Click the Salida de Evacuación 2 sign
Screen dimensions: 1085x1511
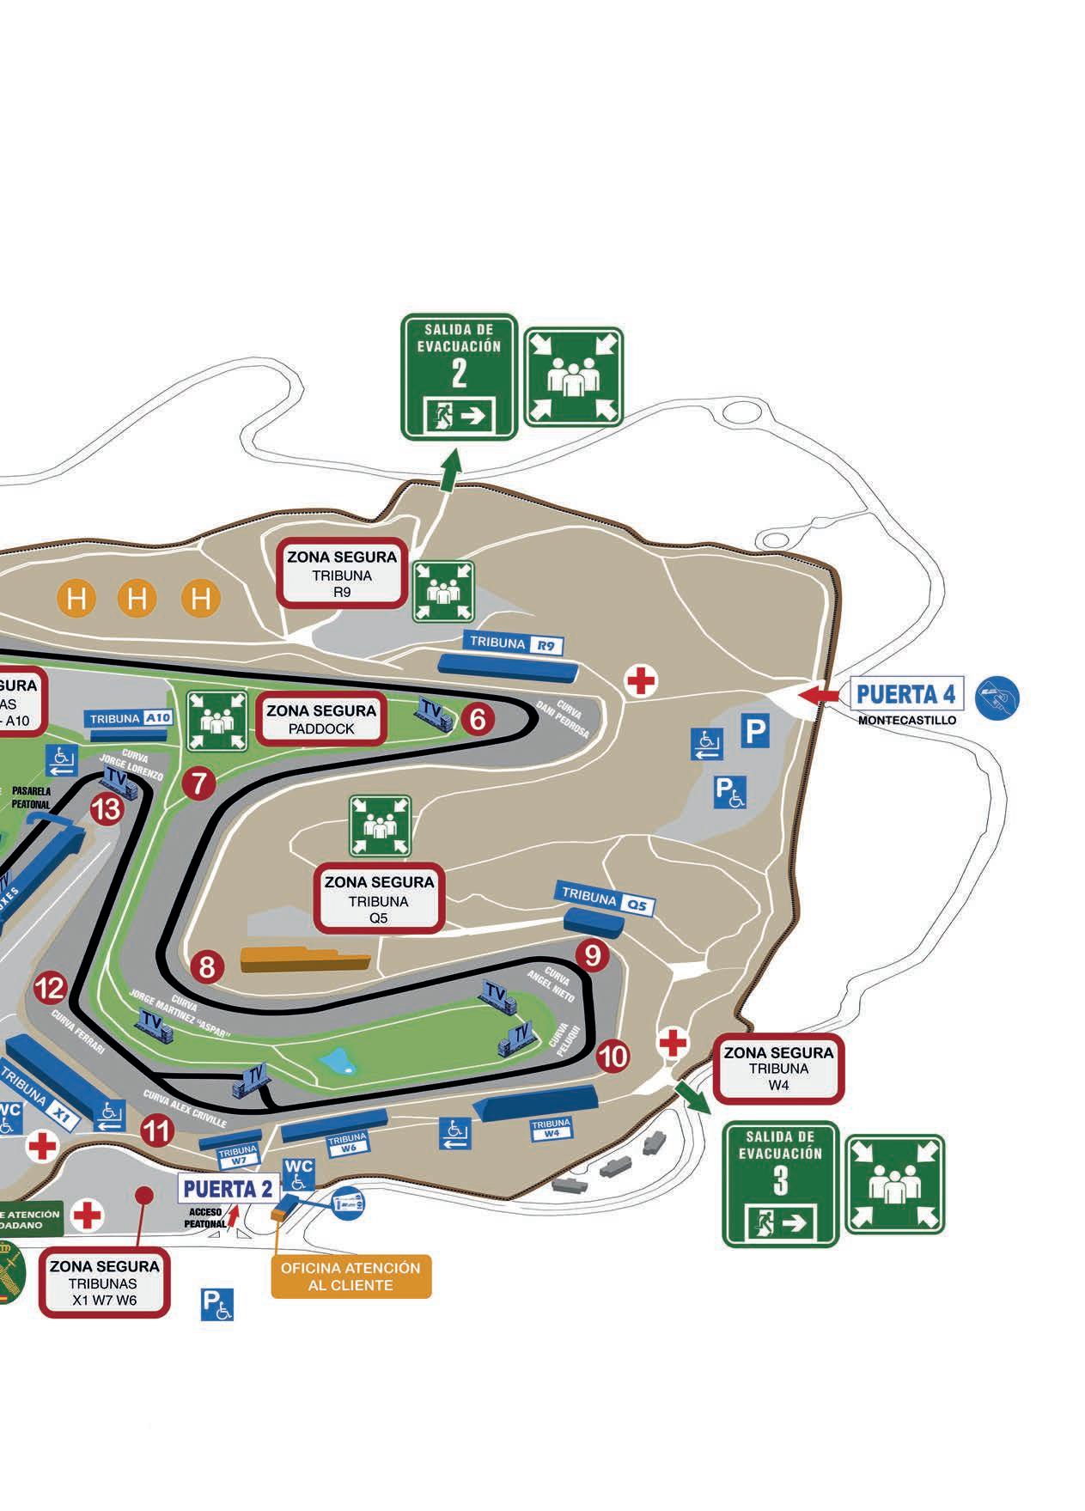(459, 376)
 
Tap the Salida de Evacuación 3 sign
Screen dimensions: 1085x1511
(780, 1184)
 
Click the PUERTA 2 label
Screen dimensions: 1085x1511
(228, 1189)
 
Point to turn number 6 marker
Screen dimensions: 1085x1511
(478, 718)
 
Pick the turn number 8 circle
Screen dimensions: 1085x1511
(207, 967)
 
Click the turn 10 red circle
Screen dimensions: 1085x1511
(613, 1056)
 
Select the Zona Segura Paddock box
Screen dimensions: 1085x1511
(321, 719)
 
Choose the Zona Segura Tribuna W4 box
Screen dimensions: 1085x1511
(778, 1069)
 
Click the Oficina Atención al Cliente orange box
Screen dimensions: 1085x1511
(350, 1276)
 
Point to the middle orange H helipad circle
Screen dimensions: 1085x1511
(137, 598)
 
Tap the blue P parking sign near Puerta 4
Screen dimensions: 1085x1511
(754, 731)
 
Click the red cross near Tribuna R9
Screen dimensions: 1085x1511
(641, 681)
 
